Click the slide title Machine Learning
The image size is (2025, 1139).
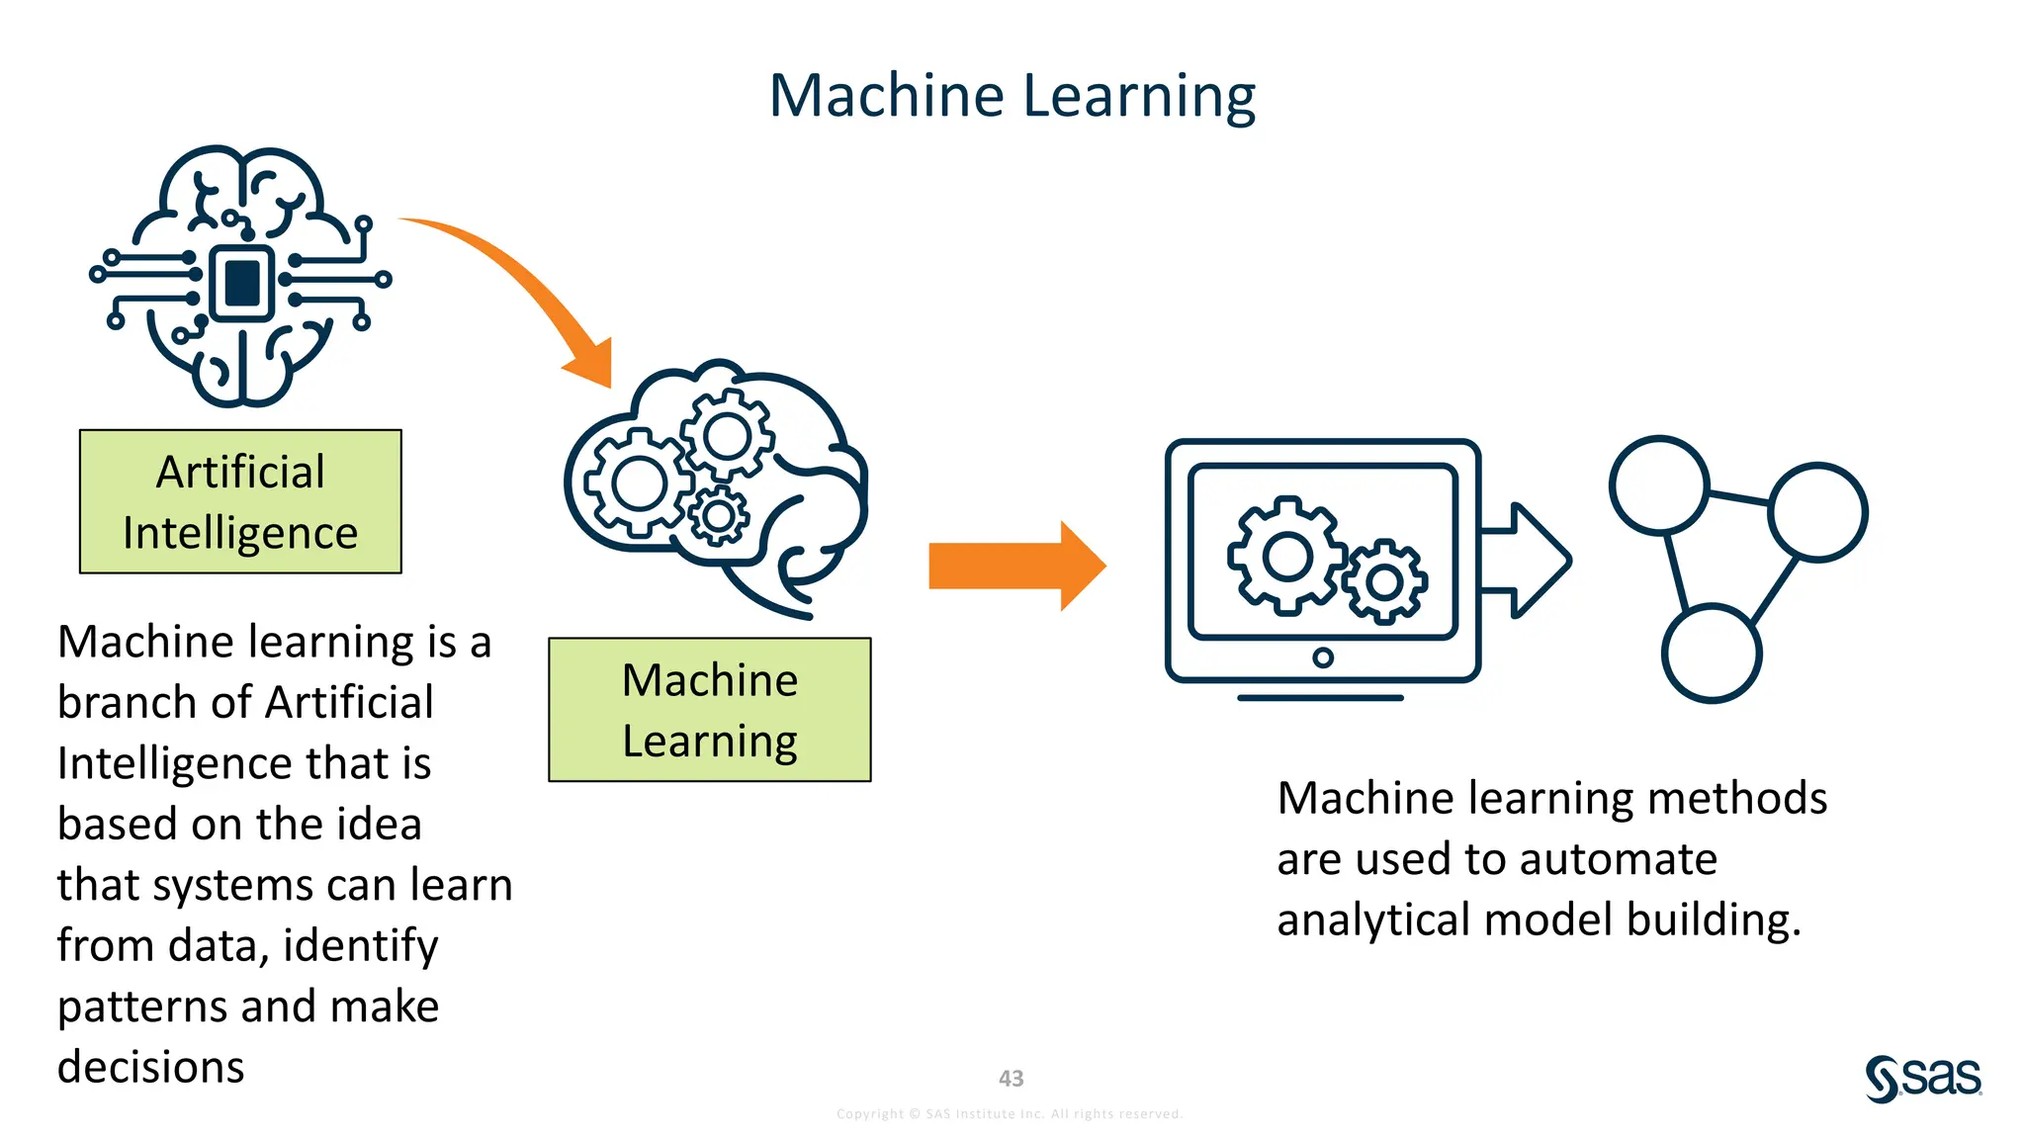point(1012,96)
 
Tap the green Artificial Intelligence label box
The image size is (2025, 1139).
point(240,501)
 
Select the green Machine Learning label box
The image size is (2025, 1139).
point(710,710)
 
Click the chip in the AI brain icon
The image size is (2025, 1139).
point(242,283)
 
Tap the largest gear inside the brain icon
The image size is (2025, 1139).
point(639,483)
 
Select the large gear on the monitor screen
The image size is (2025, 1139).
point(1286,555)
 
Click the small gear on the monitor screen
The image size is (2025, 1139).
point(1385,582)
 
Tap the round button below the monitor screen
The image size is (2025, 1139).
point(1323,657)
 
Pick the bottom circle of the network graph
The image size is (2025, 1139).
point(1711,654)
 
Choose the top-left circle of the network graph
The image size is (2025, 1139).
point(1659,484)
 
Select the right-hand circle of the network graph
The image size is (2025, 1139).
point(1817,512)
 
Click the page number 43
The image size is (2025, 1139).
point(1011,1079)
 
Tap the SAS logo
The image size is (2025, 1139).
point(1923,1078)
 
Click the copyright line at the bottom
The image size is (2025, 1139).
point(1010,1114)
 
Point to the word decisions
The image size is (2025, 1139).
point(151,1068)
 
